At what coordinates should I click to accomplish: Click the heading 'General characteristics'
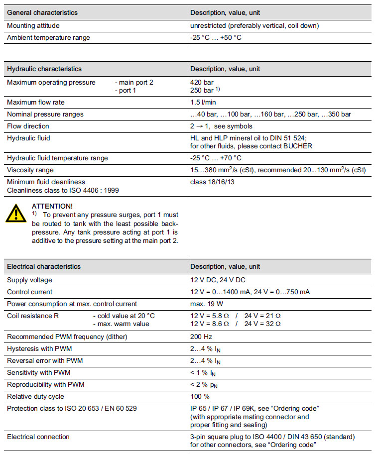click(x=42, y=12)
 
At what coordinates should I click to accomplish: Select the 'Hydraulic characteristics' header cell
click(x=44, y=69)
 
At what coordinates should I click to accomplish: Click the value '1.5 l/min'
click(x=203, y=103)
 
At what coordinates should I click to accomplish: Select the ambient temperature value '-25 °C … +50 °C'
click(x=216, y=38)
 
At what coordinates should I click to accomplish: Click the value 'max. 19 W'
click(x=206, y=304)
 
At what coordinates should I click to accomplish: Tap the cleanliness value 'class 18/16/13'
click(x=212, y=182)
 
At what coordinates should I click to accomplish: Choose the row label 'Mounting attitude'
click(x=33, y=25)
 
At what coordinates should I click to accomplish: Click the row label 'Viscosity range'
click(x=31, y=170)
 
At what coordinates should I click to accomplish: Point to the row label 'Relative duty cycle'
click(x=35, y=397)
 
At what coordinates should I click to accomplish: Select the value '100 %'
click(x=200, y=397)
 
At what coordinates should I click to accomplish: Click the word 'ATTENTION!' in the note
click(x=52, y=206)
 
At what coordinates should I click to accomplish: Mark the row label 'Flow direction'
click(x=28, y=126)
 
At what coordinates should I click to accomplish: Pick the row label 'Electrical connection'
click(x=38, y=437)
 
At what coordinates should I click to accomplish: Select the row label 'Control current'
click(x=29, y=292)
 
